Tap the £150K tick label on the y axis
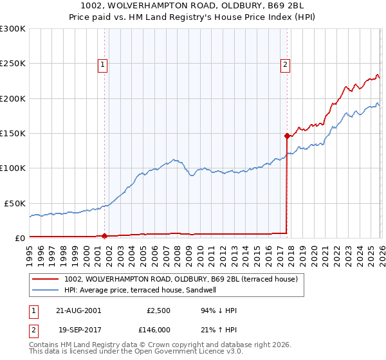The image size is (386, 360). tap(13, 134)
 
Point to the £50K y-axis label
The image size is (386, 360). tap(15, 203)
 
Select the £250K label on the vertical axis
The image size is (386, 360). tap(13, 64)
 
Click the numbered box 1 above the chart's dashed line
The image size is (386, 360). tap(104, 64)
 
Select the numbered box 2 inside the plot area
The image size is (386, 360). tap(285, 64)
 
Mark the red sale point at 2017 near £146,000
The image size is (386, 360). tap(287, 136)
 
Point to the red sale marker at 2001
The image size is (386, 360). tap(105, 235)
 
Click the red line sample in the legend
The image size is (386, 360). tap(46, 280)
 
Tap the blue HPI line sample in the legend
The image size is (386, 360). tap(46, 290)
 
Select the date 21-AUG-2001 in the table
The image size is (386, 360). tap(78, 310)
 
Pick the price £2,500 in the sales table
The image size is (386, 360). tap(157, 310)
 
